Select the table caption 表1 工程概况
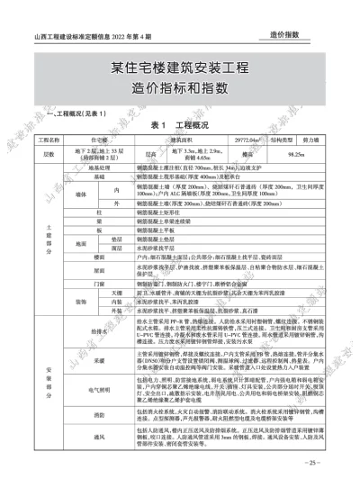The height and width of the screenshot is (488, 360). point(179,124)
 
